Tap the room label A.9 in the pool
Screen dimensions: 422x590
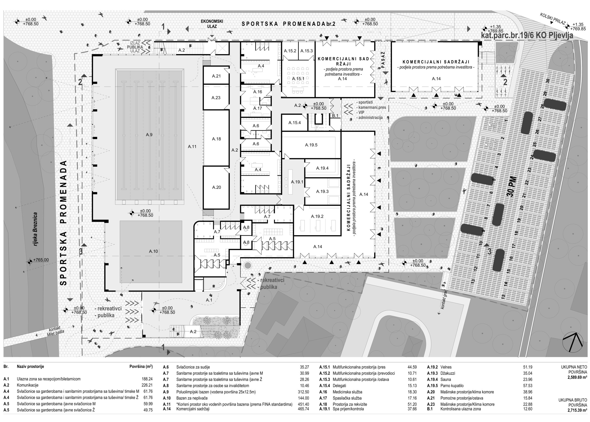tap(149, 135)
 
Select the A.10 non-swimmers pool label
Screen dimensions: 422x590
tap(153, 251)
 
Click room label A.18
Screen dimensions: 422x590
tap(216, 139)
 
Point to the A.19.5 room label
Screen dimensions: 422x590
tap(311, 145)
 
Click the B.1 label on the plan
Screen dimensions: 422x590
tap(335, 116)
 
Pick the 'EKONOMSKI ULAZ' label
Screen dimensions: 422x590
tap(212, 24)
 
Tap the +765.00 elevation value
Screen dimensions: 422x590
tap(41, 260)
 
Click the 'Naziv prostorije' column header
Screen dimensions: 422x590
tap(30, 367)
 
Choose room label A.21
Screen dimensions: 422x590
tap(216, 76)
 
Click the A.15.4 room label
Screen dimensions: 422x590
tap(295, 123)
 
